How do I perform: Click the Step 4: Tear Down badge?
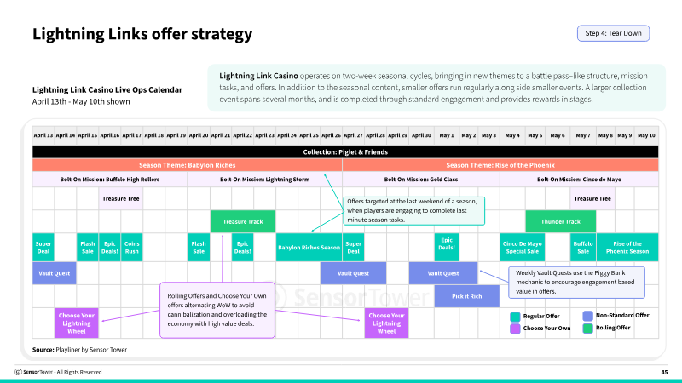coord(613,33)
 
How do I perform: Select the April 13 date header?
coord(43,135)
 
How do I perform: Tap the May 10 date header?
coord(646,135)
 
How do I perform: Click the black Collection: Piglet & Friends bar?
coord(345,152)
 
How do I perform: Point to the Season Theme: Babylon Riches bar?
coord(187,165)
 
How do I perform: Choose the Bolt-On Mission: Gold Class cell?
coord(421,180)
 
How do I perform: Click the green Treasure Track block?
coord(243,221)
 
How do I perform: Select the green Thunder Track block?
coord(561,221)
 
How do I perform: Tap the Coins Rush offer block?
coord(132,248)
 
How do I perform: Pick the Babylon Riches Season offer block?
coord(309,248)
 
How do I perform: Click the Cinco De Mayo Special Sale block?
coord(523,248)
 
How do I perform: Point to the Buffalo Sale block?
coord(583,248)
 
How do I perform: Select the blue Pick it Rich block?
coord(466,296)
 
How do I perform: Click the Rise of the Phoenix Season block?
coord(627,248)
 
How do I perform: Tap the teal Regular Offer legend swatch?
coord(515,317)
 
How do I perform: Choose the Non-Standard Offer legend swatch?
coord(587,316)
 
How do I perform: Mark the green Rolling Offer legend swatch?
coord(587,329)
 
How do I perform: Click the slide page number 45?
coord(664,372)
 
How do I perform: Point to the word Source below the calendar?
coord(43,350)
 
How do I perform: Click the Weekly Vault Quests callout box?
coord(577,283)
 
